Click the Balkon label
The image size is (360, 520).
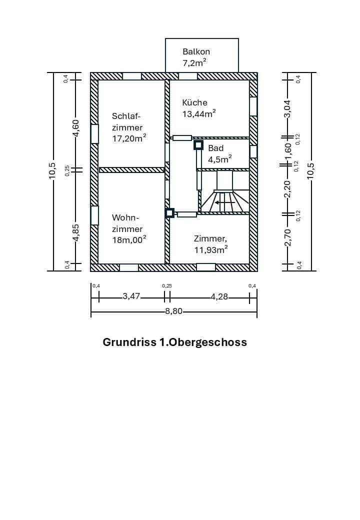click(196, 51)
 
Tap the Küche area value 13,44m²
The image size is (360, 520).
click(198, 113)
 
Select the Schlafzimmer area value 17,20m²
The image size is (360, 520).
click(129, 138)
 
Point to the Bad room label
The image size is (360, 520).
click(216, 148)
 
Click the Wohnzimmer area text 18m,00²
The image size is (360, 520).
click(129, 239)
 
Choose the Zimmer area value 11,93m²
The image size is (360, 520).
click(211, 249)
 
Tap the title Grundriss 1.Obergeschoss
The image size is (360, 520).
click(174, 342)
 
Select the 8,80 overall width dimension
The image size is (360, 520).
click(174, 311)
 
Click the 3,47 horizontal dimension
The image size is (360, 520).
click(131, 296)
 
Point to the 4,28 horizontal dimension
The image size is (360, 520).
click(219, 296)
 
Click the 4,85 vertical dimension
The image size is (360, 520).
click(75, 232)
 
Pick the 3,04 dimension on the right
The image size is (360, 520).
click(287, 108)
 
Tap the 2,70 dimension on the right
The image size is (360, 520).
click(287, 237)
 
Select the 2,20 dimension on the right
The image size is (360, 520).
click(287, 188)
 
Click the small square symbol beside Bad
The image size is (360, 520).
click(198, 145)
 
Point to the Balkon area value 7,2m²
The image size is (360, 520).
click(194, 63)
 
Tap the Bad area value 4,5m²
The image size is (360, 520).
click(220, 159)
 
